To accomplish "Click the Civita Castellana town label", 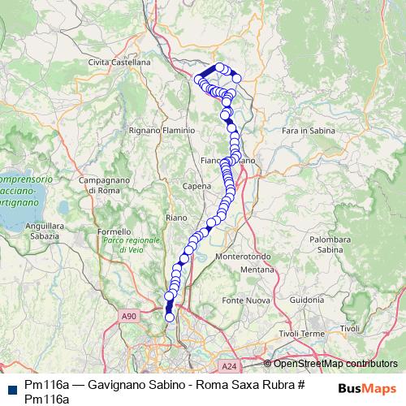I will (120, 62).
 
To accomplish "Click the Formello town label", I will (113, 231).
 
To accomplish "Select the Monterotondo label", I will (242, 257).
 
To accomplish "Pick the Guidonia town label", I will (306, 300).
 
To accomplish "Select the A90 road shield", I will (129, 315).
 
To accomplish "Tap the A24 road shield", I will (230, 365).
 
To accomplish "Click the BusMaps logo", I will (365, 388).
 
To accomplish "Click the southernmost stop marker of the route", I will (170, 317).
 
